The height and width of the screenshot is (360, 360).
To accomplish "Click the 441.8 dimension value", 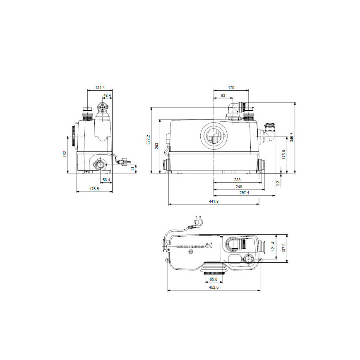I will [214, 202].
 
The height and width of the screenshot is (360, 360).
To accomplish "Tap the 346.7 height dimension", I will [291, 137].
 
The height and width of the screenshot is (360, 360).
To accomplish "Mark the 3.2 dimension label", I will [278, 182].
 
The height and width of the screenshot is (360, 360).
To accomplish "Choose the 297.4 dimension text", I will [245, 193].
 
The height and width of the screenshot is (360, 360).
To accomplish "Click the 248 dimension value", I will [239, 187].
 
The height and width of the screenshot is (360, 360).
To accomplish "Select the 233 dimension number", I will [237, 180].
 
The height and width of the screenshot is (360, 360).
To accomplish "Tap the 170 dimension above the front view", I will [231, 88].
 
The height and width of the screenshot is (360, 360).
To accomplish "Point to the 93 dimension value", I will [223, 96].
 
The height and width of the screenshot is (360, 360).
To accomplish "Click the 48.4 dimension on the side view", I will [107, 96].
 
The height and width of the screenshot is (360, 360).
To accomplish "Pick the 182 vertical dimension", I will [65, 154].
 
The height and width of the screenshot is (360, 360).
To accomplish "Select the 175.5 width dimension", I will [95, 189].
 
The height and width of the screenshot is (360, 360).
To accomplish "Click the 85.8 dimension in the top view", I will [214, 279].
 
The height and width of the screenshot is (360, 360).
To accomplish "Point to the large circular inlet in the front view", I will [214, 136].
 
